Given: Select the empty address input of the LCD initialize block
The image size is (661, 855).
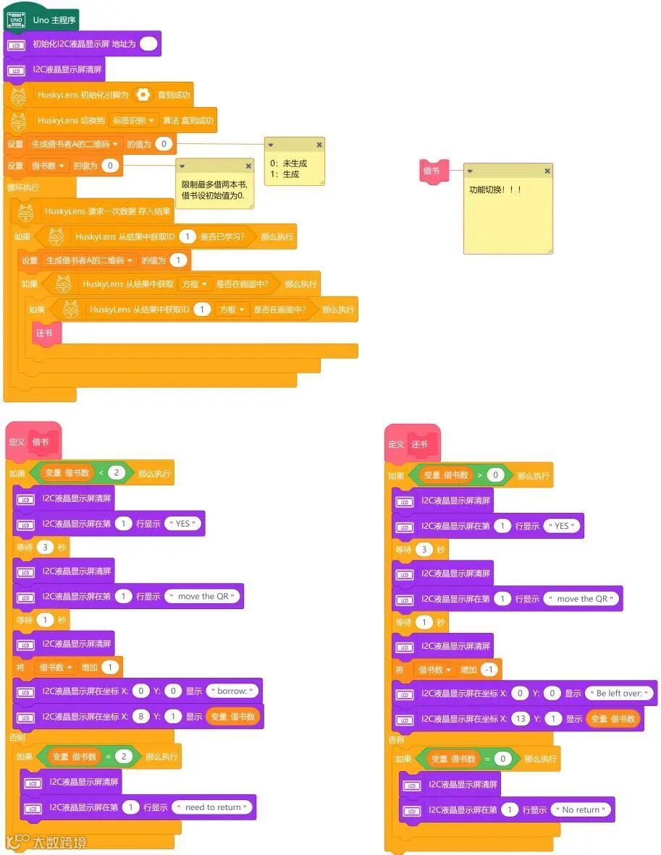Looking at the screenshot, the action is pos(148,44).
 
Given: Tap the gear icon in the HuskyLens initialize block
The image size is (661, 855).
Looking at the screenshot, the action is pos(143,95).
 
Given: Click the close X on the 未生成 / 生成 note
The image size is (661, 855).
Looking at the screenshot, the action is pos(319,145).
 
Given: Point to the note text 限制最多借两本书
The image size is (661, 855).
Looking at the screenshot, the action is pos(214,184).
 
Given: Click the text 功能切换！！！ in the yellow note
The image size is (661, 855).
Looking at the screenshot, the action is pos(496,190).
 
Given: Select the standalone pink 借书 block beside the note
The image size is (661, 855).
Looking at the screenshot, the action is pos(431,171).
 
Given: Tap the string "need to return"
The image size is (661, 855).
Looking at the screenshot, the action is pos(212,807).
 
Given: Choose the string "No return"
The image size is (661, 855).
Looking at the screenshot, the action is pos(581,810).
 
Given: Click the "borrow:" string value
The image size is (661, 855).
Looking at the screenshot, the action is pos(233,691).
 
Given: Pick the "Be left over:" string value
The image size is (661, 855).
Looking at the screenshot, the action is pos(620,693).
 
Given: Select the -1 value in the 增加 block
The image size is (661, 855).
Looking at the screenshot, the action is pos(489,670).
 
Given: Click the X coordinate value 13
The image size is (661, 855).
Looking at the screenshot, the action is pos(520,718).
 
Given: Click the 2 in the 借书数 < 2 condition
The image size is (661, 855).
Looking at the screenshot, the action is pos(117,473).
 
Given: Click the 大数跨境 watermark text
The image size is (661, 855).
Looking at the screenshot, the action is pos(59,842).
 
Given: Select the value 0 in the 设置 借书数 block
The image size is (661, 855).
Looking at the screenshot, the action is pos(110,166).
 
